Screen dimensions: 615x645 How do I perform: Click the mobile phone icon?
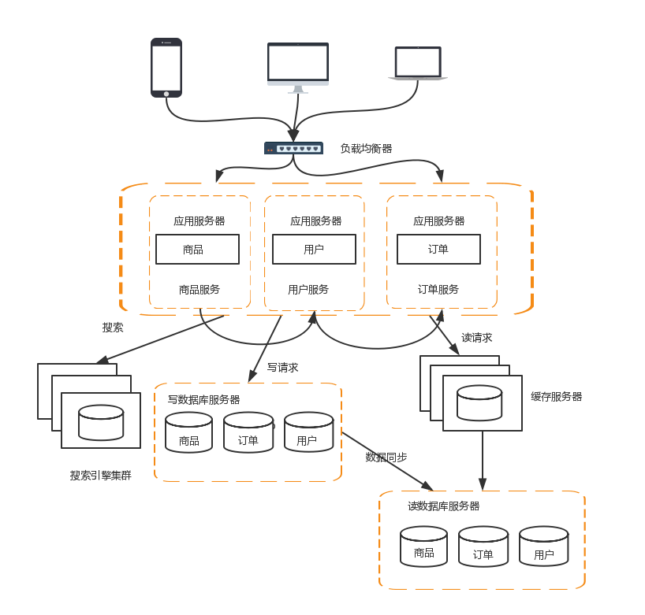166,68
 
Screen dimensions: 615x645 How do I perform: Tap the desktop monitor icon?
297,66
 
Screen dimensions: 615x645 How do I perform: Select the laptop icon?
418,64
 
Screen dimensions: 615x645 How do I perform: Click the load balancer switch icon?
293,148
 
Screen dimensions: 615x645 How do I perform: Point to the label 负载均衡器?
366,148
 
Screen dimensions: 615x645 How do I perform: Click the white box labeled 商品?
197,250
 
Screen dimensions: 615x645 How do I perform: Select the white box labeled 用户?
314,250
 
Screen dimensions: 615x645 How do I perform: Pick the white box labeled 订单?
438,250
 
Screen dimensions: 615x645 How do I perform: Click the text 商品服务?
199,290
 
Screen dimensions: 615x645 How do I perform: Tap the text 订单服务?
438,290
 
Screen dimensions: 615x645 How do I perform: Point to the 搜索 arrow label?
113,328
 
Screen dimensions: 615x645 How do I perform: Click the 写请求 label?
282,367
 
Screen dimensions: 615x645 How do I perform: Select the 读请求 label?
476,338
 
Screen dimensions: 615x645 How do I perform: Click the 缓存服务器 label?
556,397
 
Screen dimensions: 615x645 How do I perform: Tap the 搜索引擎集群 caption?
100,476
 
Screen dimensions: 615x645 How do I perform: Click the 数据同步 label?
386,457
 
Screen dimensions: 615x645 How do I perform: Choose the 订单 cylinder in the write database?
248,432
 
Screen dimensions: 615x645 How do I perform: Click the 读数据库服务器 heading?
443,506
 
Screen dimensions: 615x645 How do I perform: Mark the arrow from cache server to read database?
483,460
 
